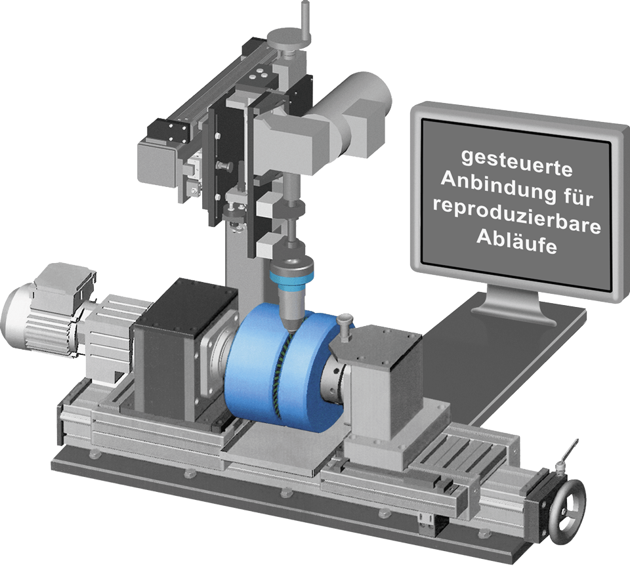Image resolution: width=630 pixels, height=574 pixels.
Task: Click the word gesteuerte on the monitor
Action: click(x=516, y=164)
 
